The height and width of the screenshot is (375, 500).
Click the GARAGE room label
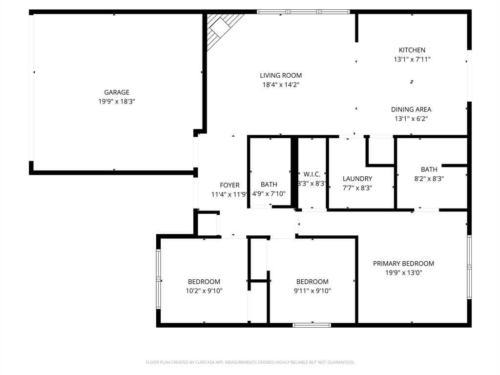coord(116,92)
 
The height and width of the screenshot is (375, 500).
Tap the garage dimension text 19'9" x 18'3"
coord(116,102)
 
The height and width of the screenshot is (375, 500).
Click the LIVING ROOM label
coord(280,76)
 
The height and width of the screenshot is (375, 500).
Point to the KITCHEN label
coord(412,50)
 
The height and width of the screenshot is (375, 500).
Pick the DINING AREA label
coord(411,109)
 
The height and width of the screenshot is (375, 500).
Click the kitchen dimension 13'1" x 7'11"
coord(412,59)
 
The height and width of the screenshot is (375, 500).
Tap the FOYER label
coord(229,185)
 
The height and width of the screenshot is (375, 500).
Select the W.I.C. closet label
coord(312,174)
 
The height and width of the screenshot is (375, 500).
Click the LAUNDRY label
coord(357,179)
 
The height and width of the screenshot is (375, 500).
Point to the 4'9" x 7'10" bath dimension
coord(269,194)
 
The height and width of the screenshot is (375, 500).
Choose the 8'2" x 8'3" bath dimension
coord(429,179)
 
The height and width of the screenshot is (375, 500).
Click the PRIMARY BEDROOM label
coord(403,264)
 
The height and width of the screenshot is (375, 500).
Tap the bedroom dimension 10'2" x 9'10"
coord(204,291)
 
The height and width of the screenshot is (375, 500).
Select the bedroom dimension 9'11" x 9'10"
coord(312,291)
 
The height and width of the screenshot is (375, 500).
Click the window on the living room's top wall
coord(303,12)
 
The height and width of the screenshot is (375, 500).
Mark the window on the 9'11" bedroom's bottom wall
coord(312,325)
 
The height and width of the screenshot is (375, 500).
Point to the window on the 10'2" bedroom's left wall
coord(158,279)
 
